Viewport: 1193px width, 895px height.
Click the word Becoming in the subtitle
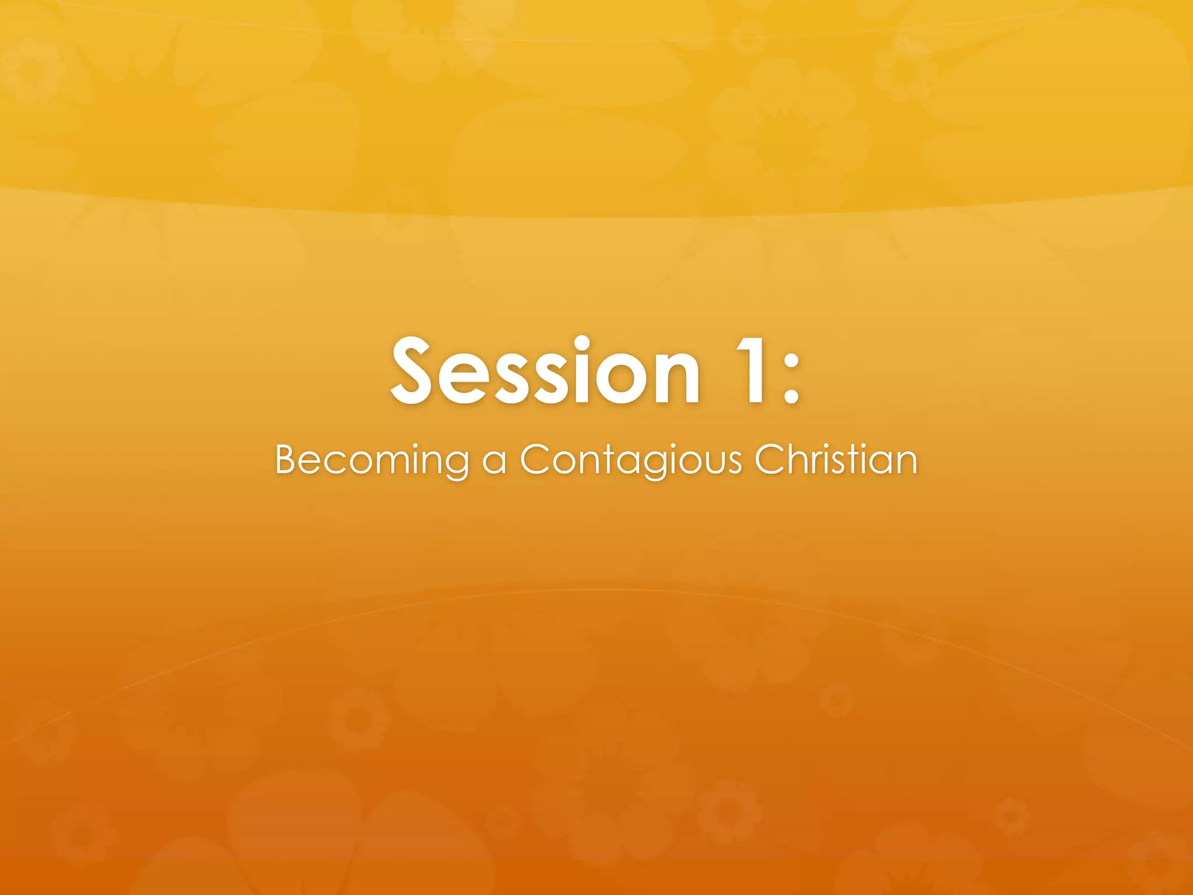(372, 460)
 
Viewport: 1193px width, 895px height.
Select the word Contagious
(631, 460)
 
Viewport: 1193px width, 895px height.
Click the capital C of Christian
(771, 459)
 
